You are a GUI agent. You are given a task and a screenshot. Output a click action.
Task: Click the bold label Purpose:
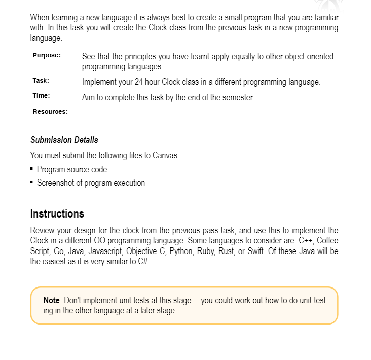[47, 56]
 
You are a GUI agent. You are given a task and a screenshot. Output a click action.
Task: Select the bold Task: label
[41, 81]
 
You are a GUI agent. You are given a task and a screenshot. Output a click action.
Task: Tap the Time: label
[41, 96]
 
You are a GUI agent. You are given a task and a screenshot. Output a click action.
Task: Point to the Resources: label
[50, 111]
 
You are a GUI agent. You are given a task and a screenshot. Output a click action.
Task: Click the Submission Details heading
[64, 140]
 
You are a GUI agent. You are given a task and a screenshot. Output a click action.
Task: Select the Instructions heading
[57, 213]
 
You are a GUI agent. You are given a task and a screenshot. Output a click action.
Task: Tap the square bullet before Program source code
[32, 169]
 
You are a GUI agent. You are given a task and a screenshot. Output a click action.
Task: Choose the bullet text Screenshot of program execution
[91, 183]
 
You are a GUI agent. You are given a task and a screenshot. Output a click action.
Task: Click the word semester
[237, 97]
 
